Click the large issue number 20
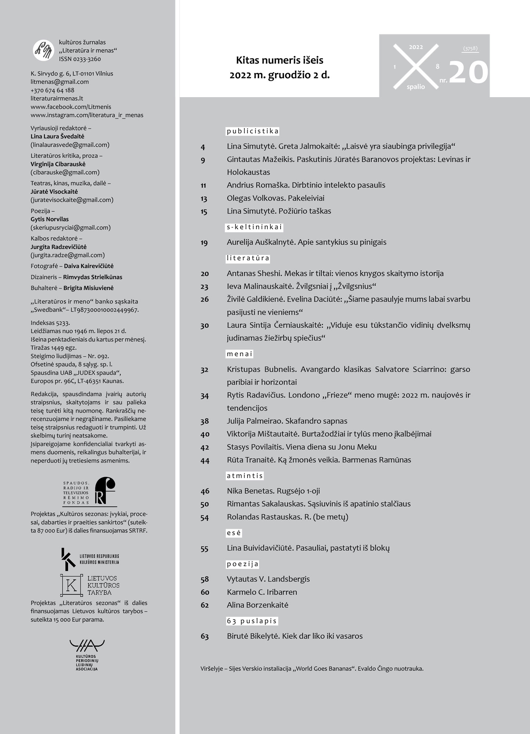pos(468,72)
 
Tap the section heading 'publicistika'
pos(252,131)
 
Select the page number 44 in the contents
pos(205,460)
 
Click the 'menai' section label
pos(239,354)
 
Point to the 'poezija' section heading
pos(243,564)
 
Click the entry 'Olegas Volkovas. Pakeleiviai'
pos(275,198)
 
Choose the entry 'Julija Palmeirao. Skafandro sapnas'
pos(287,421)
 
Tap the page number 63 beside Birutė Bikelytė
pos(205,636)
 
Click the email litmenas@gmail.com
pos(60,82)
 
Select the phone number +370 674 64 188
pos(53,90)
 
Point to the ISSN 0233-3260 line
pos(80,59)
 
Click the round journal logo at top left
pos(44,50)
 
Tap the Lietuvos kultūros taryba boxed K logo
pos(71,585)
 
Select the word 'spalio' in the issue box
pos(416,87)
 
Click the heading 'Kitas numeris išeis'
pos(280,60)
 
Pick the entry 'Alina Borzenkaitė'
pos(257,605)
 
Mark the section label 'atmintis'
pos(245,476)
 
